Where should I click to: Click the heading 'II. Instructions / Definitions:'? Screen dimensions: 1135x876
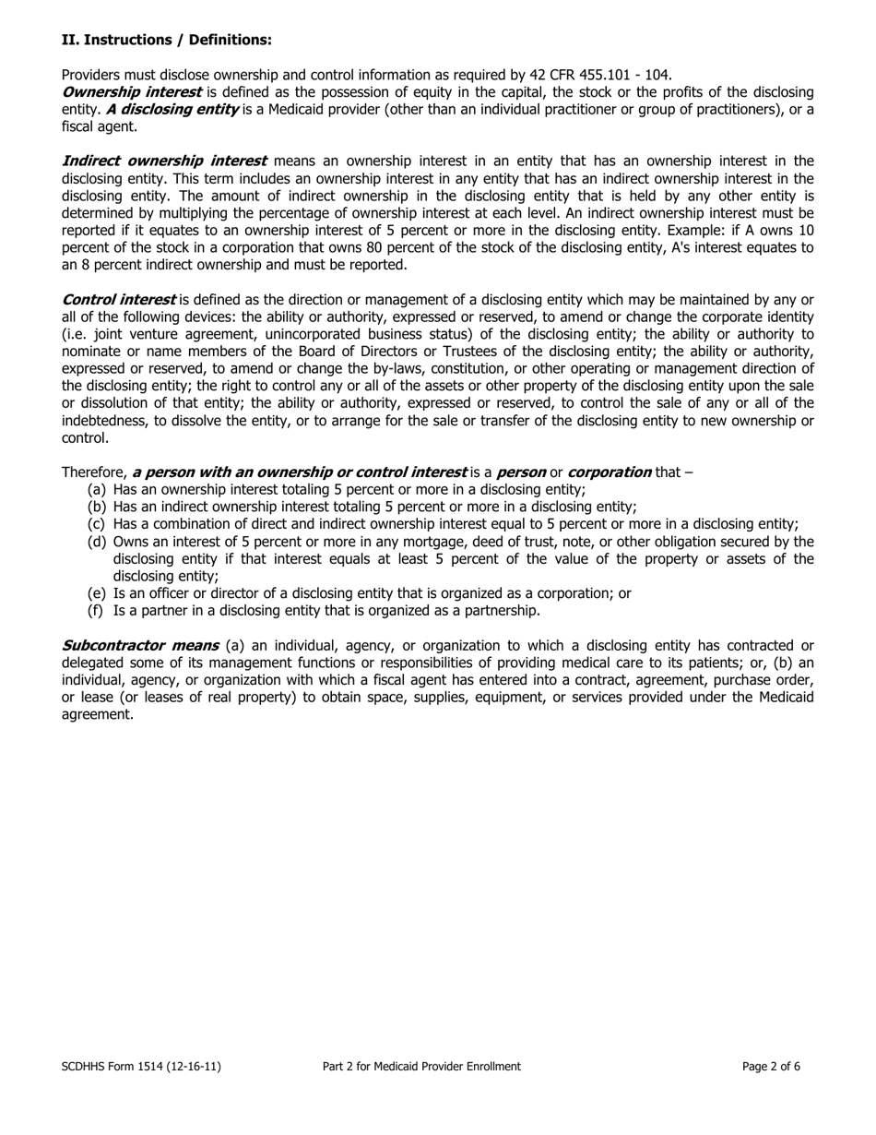[166, 40]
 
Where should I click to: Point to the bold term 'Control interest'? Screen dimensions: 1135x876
[118, 300]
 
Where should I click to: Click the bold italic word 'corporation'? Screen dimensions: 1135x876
[609, 472]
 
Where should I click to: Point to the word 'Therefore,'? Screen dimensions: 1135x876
[94, 472]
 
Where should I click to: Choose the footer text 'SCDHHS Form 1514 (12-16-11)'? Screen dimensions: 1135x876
[141, 1066]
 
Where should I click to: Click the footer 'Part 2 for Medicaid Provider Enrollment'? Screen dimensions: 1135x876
[421, 1066]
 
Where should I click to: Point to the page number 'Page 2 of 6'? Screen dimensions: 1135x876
[771, 1066]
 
